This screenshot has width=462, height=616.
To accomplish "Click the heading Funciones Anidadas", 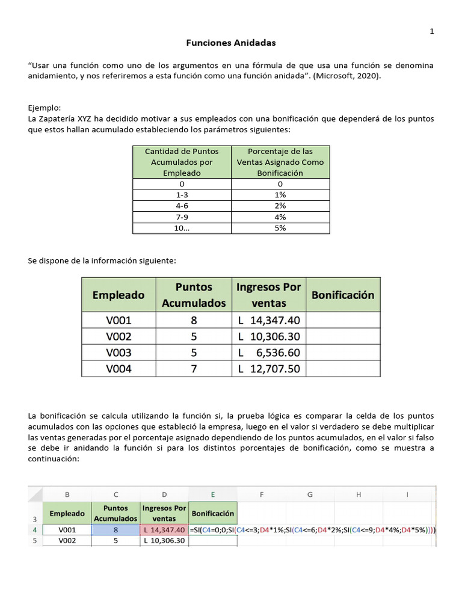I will click(x=231, y=43).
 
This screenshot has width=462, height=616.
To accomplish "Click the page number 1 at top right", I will click(x=432, y=31).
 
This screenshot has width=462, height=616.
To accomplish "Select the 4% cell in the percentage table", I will click(x=280, y=217).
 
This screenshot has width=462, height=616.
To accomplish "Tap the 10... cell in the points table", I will click(x=182, y=228).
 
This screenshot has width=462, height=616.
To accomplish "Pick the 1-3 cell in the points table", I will click(x=182, y=195).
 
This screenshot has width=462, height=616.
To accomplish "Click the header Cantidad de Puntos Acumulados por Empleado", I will click(x=182, y=162).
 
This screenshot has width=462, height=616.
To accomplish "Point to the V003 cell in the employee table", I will click(x=119, y=353).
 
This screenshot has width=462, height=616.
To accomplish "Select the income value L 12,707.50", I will click(x=269, y=369).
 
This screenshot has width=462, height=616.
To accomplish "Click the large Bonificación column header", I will click(x=343, y=295).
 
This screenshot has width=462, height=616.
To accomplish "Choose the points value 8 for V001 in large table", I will click(x=194, y=320).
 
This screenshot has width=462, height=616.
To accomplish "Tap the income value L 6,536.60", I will click(x=269, y=353).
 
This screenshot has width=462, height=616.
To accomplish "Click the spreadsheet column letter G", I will click(x=310, y=494).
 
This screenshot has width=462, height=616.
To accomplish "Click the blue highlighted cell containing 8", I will click(x=115, y=530).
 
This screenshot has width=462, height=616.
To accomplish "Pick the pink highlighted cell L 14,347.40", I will click(x=164, y=530).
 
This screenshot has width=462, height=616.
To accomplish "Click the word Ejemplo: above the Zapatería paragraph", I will click(x=45, y=108).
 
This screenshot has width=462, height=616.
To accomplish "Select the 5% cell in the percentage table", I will click(x=280, y=228).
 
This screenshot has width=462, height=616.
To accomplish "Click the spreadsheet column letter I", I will click(x=407, y=494).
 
